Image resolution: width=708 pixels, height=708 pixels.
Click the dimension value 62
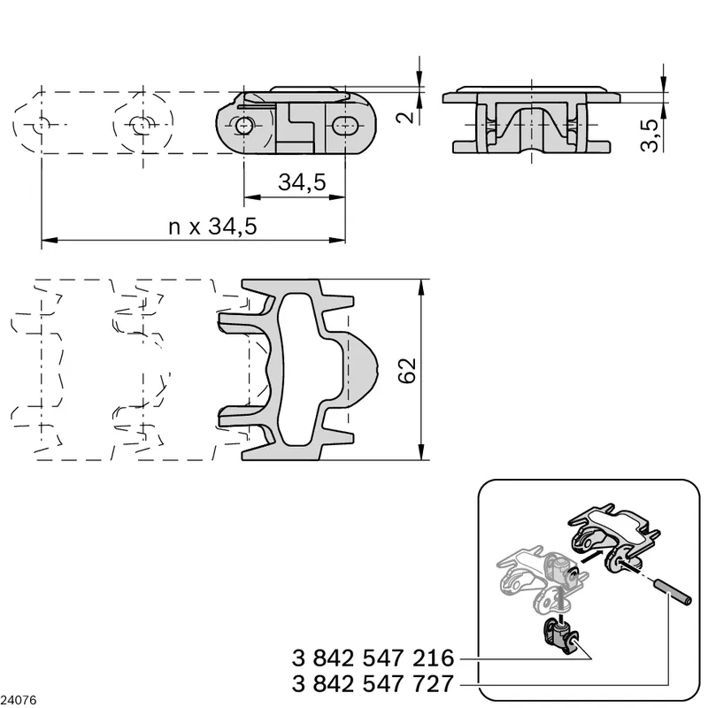pyautogui.click(x=407, y=371)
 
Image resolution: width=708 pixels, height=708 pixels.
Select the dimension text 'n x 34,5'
pyautogui.click(x=212, y=227)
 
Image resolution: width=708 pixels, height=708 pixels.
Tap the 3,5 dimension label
pyautogui.click(x=650, y=135)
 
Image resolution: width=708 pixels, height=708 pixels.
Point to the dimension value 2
pyautogui.click(x=406, y=118)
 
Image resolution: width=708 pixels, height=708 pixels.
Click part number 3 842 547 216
pyautogui.click(x=373, y=658)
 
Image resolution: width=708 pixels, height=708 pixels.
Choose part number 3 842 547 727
pyautogui.click(x=373, y=683)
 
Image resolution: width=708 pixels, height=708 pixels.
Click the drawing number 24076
pyautogui.click(x=18, y=700)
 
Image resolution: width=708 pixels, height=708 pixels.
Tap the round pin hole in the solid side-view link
pyautogui.click(x=244, y=125)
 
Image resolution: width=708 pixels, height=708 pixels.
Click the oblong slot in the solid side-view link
pyautogui.click(x=346, y=125)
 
